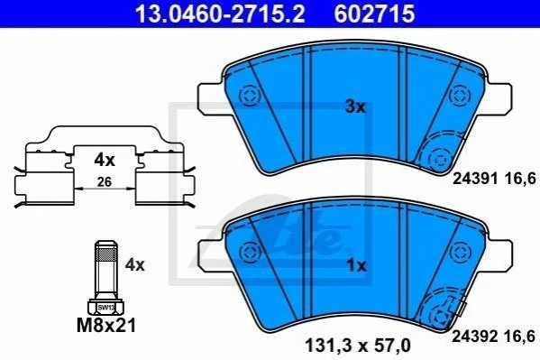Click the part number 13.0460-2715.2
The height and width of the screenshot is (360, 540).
pos(220,14)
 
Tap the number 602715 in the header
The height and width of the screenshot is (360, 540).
pos(374,14)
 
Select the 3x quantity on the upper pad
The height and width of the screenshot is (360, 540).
pos(355,106)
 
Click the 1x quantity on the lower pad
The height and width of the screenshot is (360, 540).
pos(356,266)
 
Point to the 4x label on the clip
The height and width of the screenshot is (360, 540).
pos(105,160)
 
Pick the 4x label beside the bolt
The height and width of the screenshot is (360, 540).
pos(135,265)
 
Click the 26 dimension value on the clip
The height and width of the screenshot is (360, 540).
pos(105,181)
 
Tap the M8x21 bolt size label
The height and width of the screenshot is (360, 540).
pos(106,325)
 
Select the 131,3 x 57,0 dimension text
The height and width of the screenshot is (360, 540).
pos(358,346)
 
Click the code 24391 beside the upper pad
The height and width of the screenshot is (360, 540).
pos(475,179)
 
